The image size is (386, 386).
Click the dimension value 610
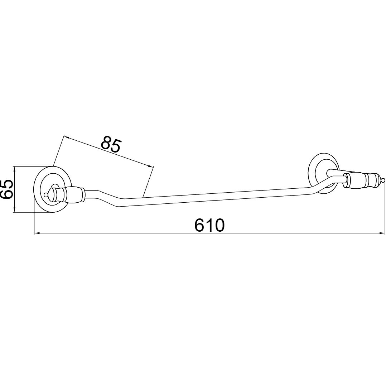[x=209, y=225]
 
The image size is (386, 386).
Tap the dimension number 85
[x=111, y=145]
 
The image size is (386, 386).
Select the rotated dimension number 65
[x=7, y=189]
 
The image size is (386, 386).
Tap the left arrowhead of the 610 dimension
[x=37, y=233]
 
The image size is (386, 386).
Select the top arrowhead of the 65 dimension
[x=15, y=170]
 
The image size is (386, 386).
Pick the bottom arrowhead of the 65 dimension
[x=15, y=209]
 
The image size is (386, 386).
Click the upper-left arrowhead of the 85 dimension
[x=67, y=137]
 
